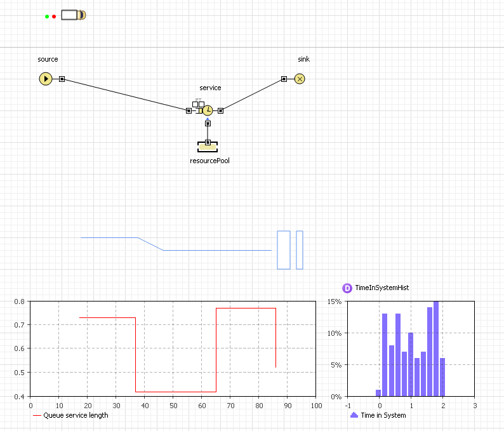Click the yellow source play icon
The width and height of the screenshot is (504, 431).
coord(46,79)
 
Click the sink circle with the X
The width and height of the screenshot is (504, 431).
coord(300,79)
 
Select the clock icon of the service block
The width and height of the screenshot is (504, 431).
coord(208,110)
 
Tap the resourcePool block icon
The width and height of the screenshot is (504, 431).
coord(208,147)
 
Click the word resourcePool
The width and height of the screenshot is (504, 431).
coord(209,161)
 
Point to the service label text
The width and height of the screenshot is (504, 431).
coord(210,88)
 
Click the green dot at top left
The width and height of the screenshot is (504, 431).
coord(47,17)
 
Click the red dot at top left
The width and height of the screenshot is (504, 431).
coord(54,17)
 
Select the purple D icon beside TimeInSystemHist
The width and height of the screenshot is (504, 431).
coord(347,288)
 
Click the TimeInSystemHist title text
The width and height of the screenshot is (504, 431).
coord(382,288)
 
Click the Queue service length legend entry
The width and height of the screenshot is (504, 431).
coord(70,415)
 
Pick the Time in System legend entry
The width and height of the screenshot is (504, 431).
coord(378,415)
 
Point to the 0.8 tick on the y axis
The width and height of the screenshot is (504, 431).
coord(19,302)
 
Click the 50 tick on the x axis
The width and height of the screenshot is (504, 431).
coord(173,406)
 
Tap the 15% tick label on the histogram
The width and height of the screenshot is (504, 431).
coord(335,302)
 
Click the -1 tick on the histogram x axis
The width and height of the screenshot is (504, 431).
coord(348,406)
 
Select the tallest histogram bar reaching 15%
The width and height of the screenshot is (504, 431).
coord(436,348)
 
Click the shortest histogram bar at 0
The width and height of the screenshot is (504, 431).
coord(378,393)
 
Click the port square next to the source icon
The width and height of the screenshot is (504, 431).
coord(62,79)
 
